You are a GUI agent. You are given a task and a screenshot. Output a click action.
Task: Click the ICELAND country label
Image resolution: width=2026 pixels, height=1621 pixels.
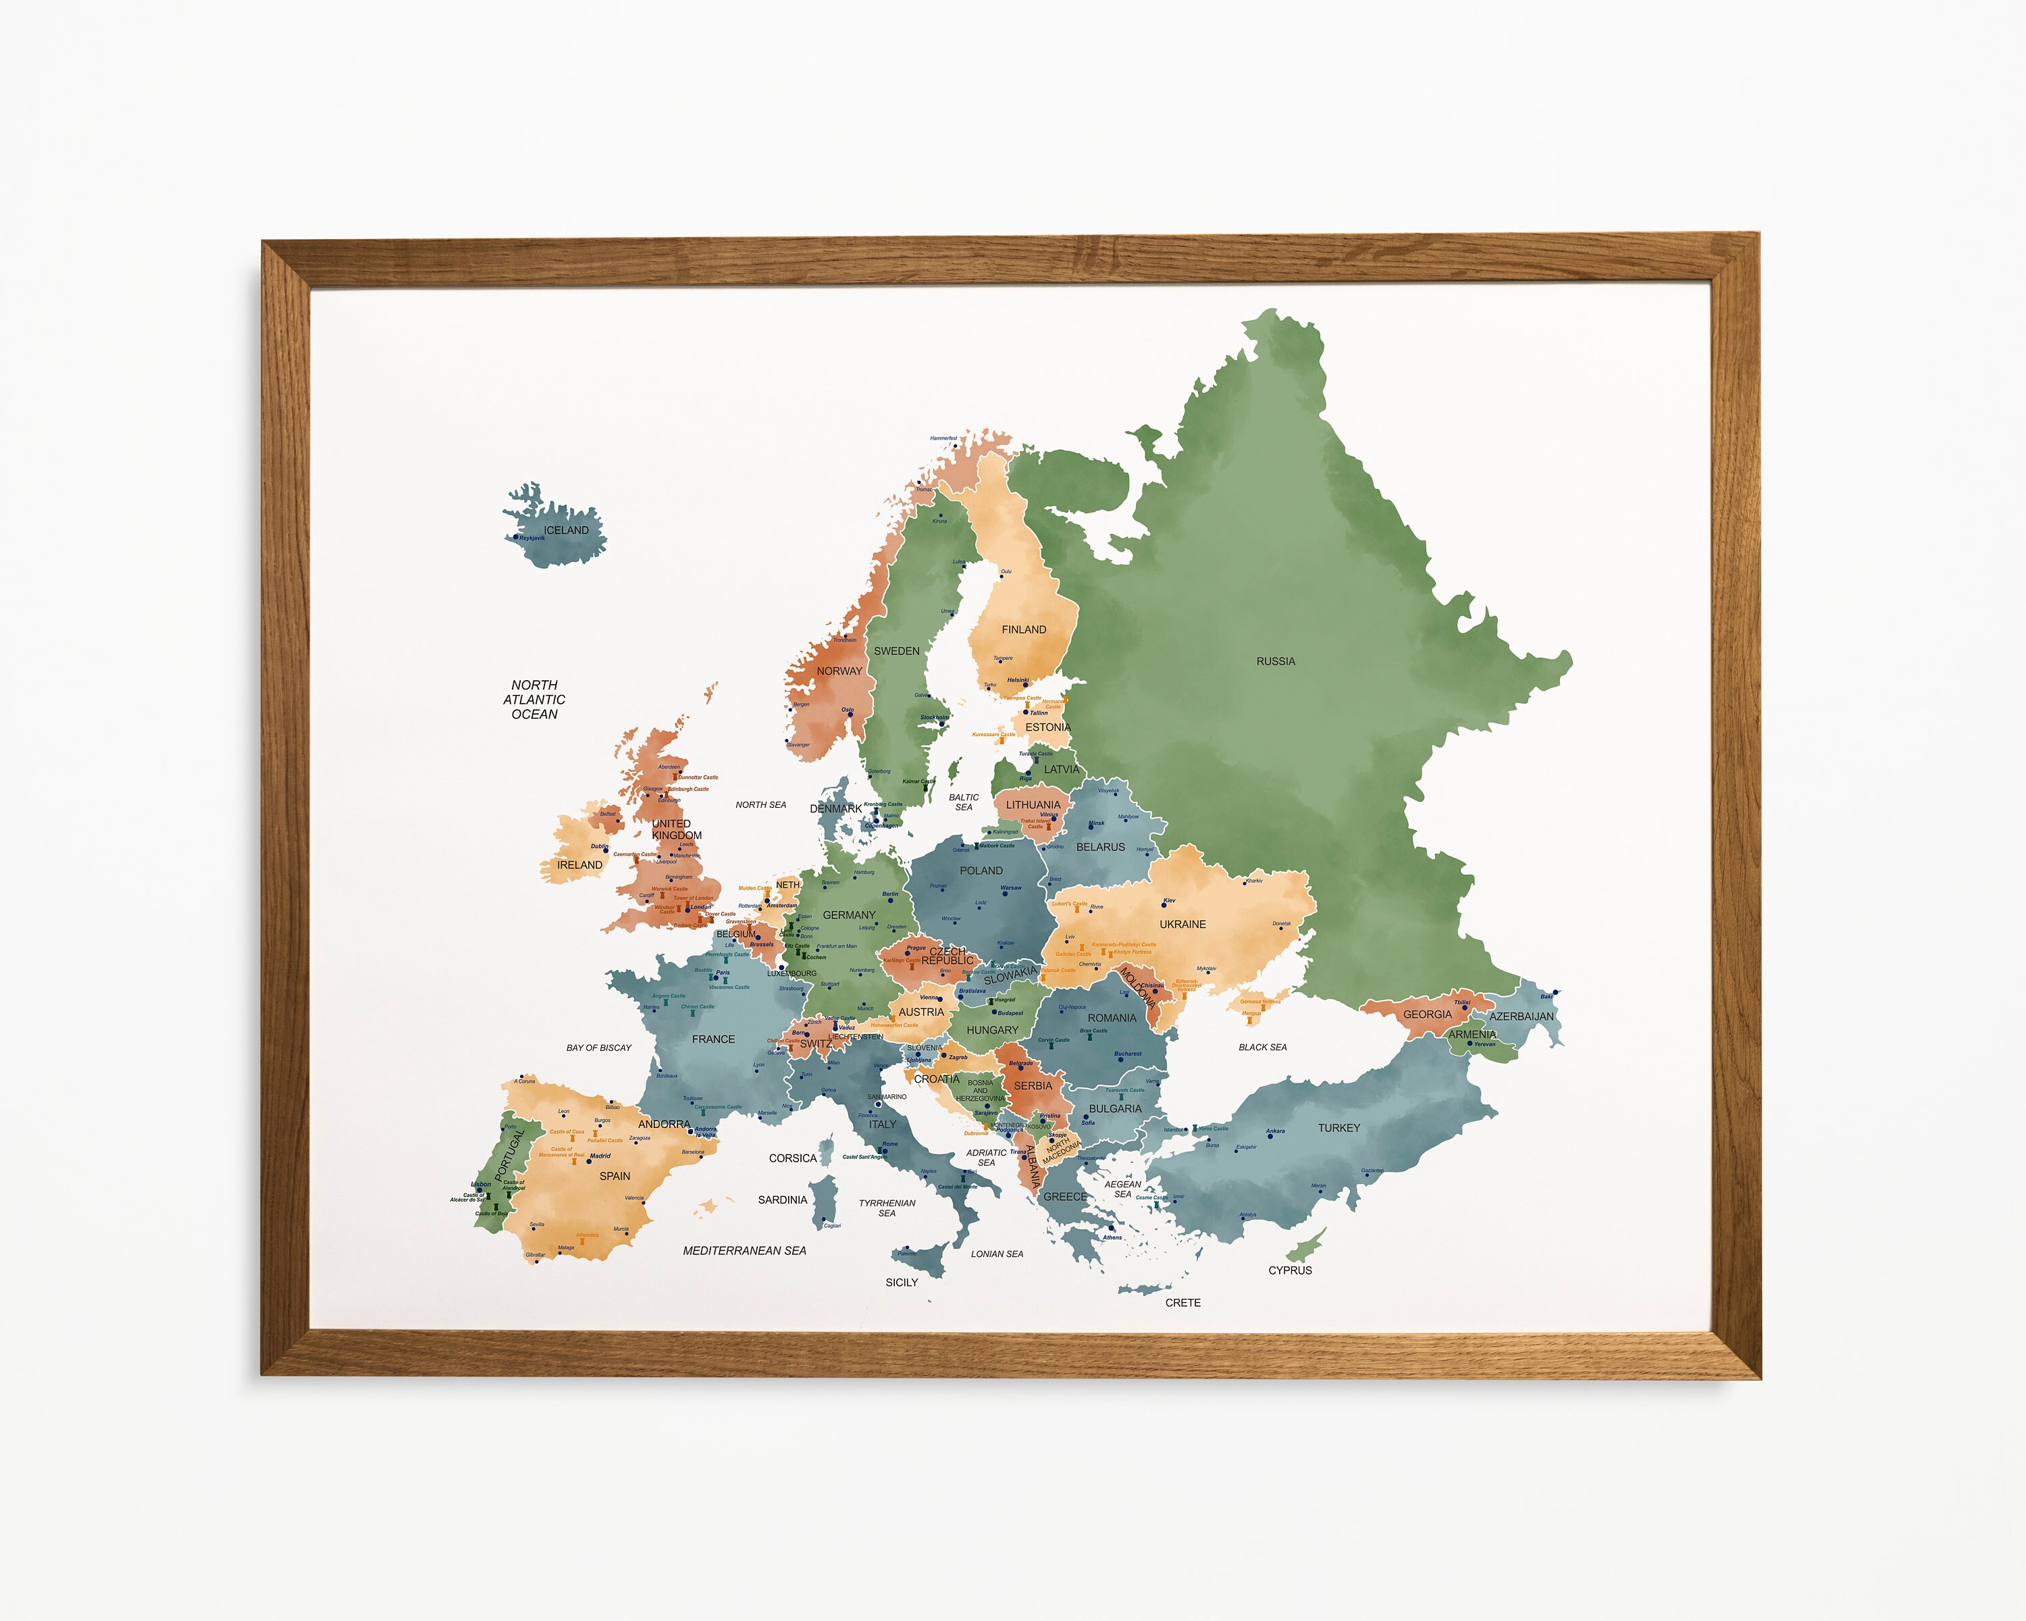point(566,530)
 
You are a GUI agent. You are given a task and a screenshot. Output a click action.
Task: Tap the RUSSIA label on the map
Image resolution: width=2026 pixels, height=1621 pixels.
point(1275,661)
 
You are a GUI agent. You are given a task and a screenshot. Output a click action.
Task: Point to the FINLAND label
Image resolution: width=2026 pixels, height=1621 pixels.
point(1023,629)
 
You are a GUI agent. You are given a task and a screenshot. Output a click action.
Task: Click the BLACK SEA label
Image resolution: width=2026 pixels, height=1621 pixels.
point(1262,1047)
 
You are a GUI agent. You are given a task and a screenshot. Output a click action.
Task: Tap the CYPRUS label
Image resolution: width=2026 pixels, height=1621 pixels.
point(1289,1270)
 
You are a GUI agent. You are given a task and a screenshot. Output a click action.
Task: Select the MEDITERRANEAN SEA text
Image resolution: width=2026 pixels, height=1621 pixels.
point(744,1251)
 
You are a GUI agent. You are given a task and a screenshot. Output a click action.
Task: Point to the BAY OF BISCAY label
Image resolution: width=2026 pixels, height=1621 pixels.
point(598,1048)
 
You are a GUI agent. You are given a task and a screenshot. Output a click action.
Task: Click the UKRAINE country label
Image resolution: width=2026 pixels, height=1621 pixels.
point(1182,925)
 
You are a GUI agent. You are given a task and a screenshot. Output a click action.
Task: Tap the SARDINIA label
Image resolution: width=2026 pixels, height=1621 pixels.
point(782,1200)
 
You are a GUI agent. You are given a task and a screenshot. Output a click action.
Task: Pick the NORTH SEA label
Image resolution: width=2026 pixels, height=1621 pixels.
point(760,805)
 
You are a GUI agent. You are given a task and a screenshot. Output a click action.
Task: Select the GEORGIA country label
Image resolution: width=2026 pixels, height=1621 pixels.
point(1426,1015)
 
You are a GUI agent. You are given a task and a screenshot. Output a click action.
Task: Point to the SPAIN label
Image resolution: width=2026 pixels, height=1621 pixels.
point(615,1177)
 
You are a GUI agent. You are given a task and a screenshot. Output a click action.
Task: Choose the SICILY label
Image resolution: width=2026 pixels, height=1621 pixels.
point(901,1283)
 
